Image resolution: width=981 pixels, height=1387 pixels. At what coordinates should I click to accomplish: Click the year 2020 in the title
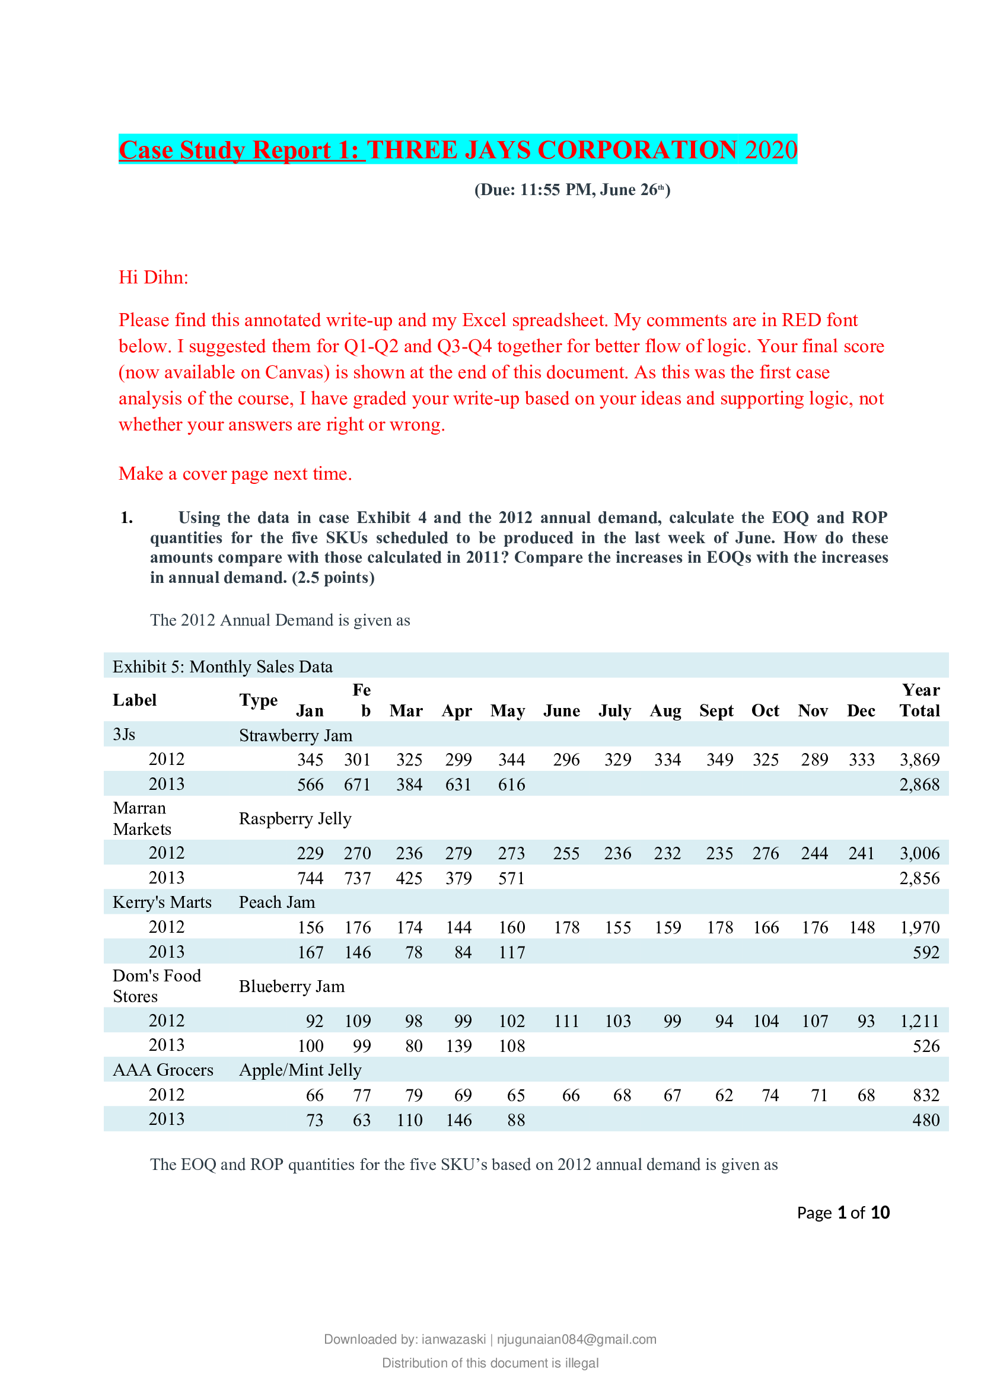pos(771,150)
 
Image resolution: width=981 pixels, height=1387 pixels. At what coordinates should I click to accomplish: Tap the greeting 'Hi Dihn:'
pos(154,278)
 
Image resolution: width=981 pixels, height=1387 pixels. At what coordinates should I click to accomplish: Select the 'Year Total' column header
pos(919,700)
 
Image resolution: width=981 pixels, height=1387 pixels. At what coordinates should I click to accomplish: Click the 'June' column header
pos(561,710)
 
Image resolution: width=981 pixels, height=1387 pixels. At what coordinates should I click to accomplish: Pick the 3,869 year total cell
pos(919,760)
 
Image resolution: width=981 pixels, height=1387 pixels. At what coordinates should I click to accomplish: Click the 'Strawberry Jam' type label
pos(295,735)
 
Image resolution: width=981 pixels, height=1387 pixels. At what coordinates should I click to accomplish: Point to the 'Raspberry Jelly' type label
pos(295,818)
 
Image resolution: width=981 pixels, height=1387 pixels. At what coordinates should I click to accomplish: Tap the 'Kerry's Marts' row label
pos(162,902)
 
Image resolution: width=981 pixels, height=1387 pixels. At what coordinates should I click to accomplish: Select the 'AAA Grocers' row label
pos(163,1070)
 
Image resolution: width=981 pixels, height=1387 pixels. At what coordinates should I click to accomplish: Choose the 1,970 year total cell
pos(919,927)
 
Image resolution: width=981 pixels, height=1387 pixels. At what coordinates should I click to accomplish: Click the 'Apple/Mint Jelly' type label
pos(300,1070)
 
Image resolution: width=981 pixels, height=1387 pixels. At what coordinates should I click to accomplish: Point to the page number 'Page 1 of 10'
pos(843,1213)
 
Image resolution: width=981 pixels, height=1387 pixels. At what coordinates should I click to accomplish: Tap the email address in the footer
pos(577,1340)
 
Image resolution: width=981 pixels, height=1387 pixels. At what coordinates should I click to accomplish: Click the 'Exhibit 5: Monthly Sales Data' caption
pos(222,667)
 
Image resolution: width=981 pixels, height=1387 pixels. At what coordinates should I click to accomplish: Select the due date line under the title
pos(572,190)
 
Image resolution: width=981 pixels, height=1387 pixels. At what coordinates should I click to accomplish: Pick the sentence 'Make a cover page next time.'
pos(235,474)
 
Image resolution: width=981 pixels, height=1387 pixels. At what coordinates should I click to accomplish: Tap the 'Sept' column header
pos(716,710)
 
